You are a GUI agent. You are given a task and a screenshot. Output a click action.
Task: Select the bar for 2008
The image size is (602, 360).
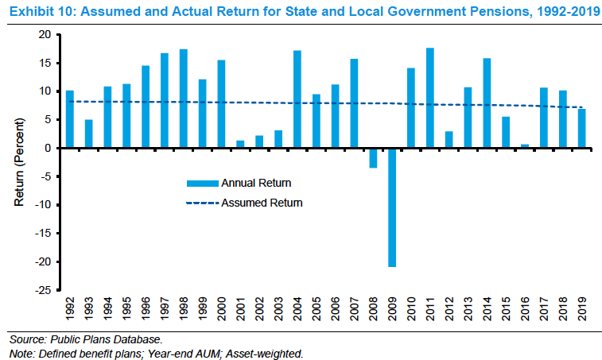point(373,157)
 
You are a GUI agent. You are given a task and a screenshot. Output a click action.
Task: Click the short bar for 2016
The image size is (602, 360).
point(525,146)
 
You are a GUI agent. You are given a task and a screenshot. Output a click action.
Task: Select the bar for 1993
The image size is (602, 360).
point(89,134)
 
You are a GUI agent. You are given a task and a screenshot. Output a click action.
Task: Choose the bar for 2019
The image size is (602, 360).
point(582,128)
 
